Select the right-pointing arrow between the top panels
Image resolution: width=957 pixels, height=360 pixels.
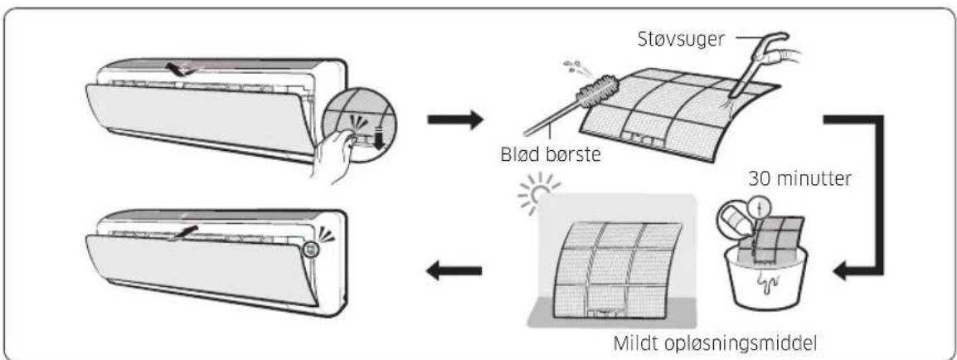pyautogui.click(x=455, y=119)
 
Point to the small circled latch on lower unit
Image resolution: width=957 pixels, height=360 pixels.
pyautogui.click(x=312, y=248)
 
